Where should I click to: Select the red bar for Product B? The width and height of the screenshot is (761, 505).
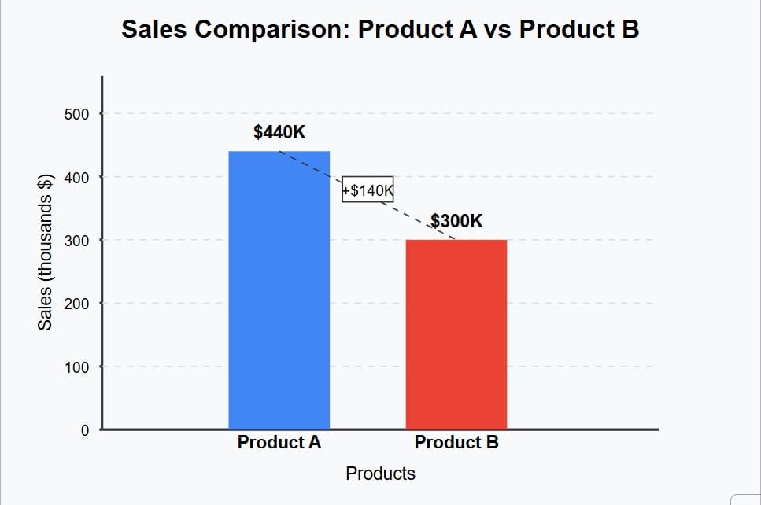tap(456, 334)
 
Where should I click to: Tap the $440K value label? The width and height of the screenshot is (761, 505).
tap(279, 131)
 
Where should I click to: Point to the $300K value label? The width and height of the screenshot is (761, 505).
tap(457, 220)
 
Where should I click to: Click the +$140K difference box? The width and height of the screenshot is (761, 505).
tap(368, 190)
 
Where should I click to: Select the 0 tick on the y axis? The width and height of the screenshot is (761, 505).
tap(83, 429)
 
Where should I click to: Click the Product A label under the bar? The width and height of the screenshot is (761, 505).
tap(279, 442)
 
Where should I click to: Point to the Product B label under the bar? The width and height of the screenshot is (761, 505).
tap(456, 442)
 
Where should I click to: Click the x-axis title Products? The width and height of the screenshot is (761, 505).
tap(380, 474)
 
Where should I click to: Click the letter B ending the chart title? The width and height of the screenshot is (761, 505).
tap(629, 30)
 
